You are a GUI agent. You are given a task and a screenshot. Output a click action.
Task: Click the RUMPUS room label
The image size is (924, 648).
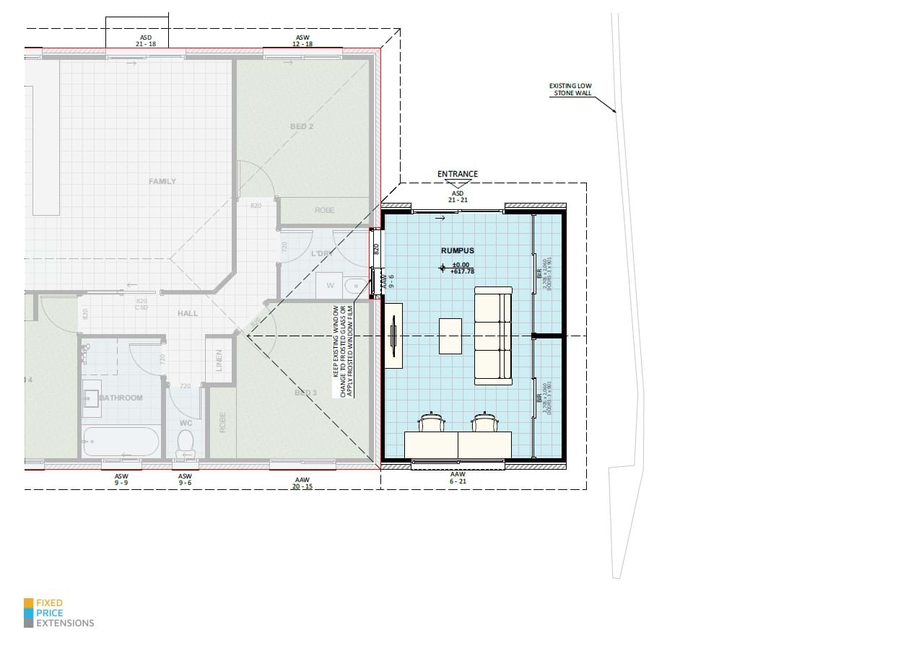[458, 250]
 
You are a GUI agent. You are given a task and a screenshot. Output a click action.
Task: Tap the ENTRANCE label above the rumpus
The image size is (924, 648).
[458, 174]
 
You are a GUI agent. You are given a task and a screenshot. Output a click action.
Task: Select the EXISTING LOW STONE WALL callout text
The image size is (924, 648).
[570, 89]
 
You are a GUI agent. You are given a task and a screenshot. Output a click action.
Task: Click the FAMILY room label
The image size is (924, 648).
[162, 181]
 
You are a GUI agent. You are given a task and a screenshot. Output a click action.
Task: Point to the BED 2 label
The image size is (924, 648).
[302, 126]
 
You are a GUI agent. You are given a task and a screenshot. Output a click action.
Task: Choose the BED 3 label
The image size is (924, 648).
[305, 393]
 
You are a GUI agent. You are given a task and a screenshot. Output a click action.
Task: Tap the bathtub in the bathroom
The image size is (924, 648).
[121, 442]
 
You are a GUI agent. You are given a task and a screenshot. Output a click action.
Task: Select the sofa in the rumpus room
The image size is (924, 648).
[493, 336]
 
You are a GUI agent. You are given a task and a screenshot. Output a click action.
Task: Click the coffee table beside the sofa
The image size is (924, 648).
[450, 336]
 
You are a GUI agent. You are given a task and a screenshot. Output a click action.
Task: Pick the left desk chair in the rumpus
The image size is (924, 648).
[431, 421]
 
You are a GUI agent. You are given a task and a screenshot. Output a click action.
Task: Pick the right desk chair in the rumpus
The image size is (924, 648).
[484, 421]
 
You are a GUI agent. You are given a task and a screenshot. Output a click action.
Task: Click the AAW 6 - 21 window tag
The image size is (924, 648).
[458, 478]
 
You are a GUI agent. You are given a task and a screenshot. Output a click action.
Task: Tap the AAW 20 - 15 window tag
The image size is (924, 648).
[302, 483]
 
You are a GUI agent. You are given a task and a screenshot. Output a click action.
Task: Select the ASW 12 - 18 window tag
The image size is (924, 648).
[302, 40]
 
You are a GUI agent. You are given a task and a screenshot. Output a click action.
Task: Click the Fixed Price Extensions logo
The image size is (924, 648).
[59, 613]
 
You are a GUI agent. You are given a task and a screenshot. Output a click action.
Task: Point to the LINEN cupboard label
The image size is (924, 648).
[219, 360]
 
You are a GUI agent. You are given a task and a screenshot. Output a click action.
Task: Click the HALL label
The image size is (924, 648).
[188, 313]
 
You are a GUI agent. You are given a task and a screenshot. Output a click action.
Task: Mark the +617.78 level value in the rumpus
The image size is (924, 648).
[462, 271]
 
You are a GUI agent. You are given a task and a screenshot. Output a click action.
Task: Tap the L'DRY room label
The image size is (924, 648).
[320, 254]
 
